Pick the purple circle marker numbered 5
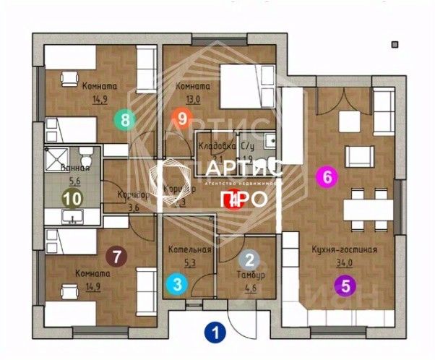point(345,285)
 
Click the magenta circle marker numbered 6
point(328,176)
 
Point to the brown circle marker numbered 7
point(116,255)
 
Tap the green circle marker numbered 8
point(126,119)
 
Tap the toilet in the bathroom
point(85,156)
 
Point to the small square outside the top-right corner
point(395,45)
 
